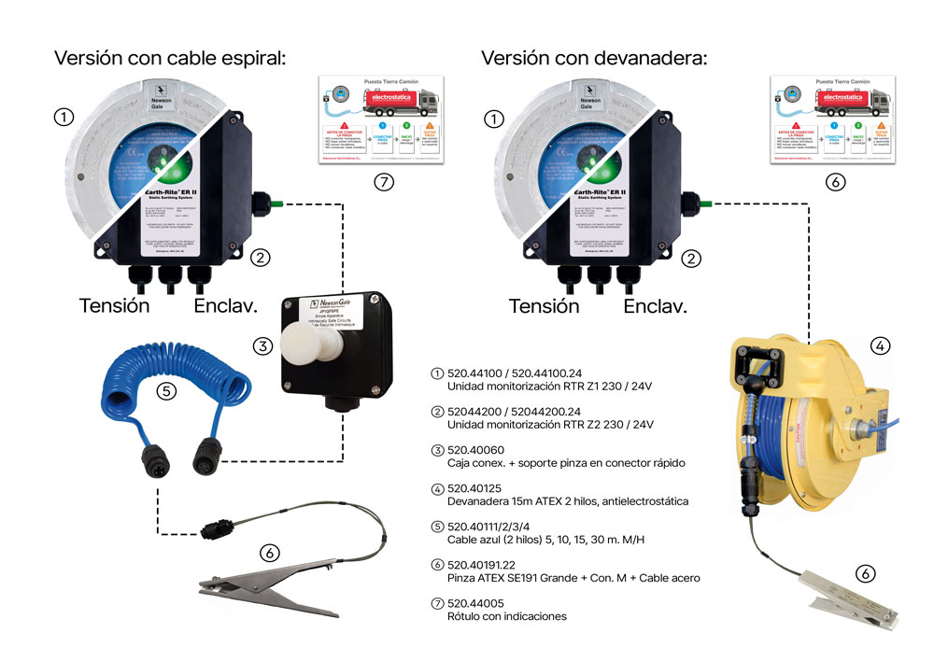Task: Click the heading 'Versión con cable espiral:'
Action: tap(169, 58)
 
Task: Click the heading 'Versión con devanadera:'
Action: tap(594, 58)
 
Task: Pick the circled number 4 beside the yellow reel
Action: tap(879, 345)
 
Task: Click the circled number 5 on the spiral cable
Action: tap(165, 390)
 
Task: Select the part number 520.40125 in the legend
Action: tap(475, 487)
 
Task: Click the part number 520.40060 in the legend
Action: tap(475, 449)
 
